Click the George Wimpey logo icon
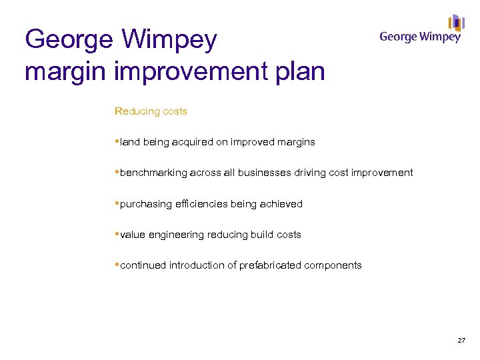[x=456, y=23]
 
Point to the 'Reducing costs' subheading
[x=151, y=111]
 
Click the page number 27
[x=461, y=341]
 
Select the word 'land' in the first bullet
[x=130, y=142]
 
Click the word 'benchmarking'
[x=154, y=173]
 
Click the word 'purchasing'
[x=146, y=204]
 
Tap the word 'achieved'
[x=280, y=204]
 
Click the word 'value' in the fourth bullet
[x=133, y=235]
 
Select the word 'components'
[x=333, y=265]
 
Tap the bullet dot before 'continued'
[x=117, y=264]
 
